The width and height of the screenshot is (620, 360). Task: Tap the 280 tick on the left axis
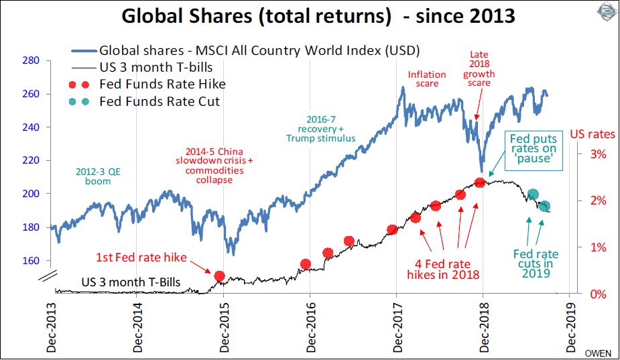click(30, 60)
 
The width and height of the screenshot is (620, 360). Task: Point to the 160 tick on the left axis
click(30, 261)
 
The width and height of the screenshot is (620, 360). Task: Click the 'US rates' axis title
click(593, 134)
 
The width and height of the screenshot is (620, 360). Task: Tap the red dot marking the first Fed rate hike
click(219, 276)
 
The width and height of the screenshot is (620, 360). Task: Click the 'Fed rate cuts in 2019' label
click(536, 263)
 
